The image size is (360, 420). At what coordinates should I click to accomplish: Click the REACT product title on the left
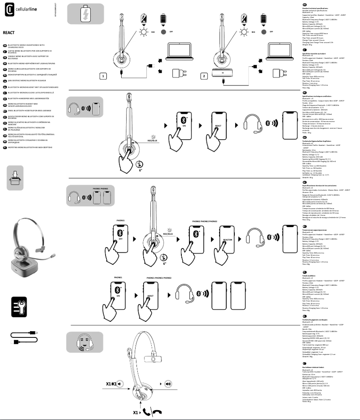pyautogui.click(x=9, y=33)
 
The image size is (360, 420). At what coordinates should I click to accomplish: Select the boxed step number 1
pyautogui.click(x=103, y=76)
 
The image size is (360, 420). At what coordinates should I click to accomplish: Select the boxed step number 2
pyautogui.click(x=204, y=76)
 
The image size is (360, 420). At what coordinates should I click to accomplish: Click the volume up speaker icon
pyautogui.click(x=167, y=384)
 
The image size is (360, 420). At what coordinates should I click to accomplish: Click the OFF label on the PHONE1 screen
pyautogui.click(x=120, y=239)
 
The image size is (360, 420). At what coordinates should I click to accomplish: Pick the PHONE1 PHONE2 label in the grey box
pyautogui.click(x=100, y=188)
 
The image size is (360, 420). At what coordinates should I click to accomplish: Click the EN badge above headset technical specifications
pyautogui.click(x=305, y=4)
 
